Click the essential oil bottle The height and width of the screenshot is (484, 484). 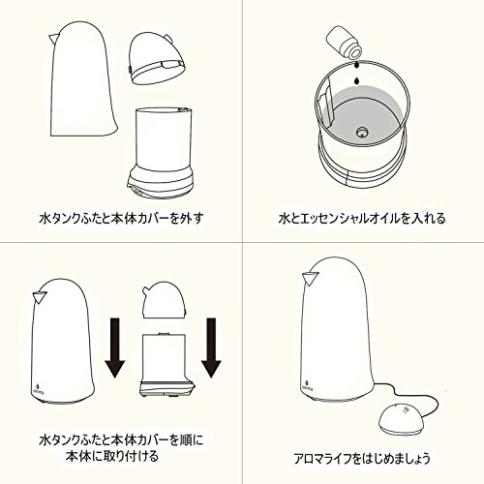(x=345, y=42)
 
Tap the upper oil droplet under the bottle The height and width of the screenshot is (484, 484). (x=356, y=65)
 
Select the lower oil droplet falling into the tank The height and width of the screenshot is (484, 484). (x=356, y=80)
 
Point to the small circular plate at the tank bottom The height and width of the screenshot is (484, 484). (x=362, y=132)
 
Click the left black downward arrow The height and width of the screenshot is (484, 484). (x=114, y=348)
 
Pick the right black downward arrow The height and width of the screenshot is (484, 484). (x=211, y=348)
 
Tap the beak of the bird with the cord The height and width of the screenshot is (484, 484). (x=310, y=278)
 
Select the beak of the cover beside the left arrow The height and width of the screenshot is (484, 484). (x=40, y=297)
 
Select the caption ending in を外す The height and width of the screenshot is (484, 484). (x=122, y=219)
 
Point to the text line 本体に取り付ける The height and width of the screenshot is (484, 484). (x=112, y=457)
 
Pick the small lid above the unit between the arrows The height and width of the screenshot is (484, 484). (x=165, y=298)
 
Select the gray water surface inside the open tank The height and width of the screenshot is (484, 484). (x=361, y=113)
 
